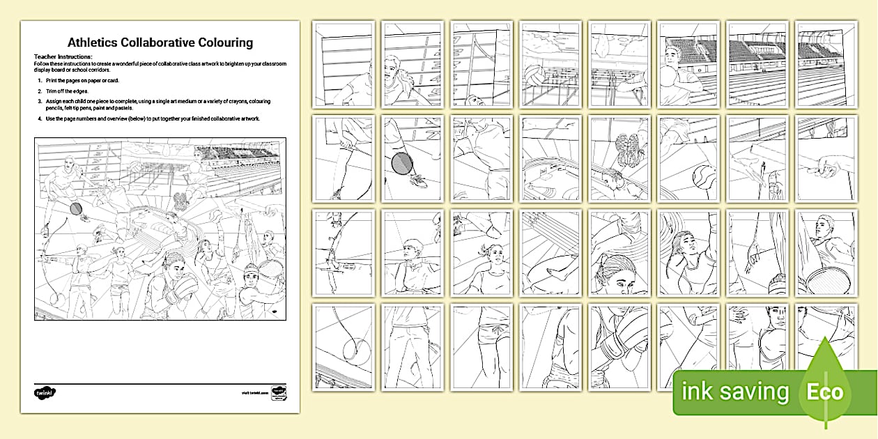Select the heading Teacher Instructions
tap(63, 56)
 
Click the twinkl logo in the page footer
tap(45, 393)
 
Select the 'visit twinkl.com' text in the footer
tap(255, 394)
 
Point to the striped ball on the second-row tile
tap(701, 179)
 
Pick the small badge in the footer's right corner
tap(278, 392)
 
